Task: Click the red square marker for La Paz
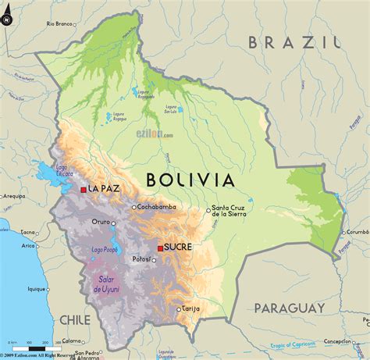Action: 84,189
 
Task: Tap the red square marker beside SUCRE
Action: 160,248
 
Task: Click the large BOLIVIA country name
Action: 190,180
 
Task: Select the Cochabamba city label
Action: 159,208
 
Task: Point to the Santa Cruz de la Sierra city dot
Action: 208,209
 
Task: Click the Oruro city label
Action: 101,222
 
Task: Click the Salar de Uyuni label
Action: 108,285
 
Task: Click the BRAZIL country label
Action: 293,42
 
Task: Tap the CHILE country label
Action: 75,319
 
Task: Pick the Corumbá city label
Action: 357,232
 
